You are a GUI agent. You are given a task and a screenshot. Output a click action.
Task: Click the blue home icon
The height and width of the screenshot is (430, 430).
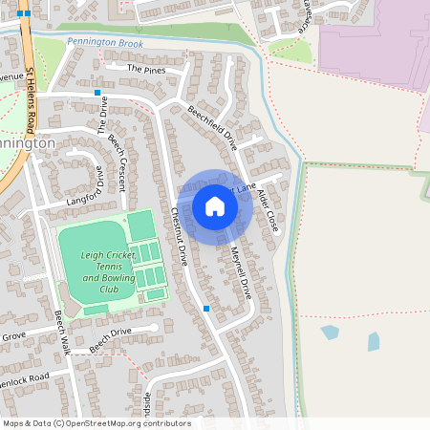coord(215,206)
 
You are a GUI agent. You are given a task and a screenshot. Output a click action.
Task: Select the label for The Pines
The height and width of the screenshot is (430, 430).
coord(146,70)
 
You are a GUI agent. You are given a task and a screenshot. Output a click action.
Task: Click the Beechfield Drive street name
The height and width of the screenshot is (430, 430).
coord(211,127)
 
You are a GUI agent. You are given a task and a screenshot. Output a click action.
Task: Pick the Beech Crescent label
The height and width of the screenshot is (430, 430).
coord(118,154)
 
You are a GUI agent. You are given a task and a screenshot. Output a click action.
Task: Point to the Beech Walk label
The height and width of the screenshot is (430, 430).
coord(63,330)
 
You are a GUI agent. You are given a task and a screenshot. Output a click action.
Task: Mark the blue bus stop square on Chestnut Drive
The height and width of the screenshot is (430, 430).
coord(206,309)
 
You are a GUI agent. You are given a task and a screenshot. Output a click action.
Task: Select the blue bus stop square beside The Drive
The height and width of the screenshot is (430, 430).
coord(97,93)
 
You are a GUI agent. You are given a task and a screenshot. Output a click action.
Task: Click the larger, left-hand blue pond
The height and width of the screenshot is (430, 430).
coord(330,333)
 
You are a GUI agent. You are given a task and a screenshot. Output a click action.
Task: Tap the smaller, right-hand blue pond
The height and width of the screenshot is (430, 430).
coord(373,341)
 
